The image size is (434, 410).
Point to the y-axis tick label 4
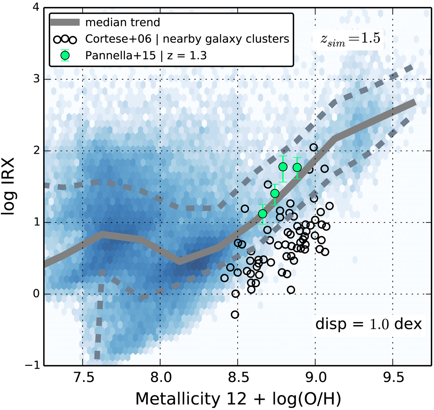point(36,8)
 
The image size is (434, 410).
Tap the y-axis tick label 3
point(36,79)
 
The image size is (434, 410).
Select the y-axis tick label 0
point(36,294)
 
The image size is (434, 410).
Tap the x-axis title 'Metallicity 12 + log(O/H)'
point(238,399)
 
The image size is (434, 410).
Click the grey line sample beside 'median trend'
point(65,22)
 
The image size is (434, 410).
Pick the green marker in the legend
point(65,55)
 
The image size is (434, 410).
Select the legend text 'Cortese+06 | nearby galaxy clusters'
point(187,39)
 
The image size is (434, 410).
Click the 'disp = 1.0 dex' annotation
point(369,324)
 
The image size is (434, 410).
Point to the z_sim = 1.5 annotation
point(350,39)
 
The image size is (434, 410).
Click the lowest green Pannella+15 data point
point(263,214)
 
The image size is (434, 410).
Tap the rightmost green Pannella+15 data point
point(297,167)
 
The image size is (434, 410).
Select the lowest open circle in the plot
point(235,315)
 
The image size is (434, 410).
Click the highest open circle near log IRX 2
point(314,147)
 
